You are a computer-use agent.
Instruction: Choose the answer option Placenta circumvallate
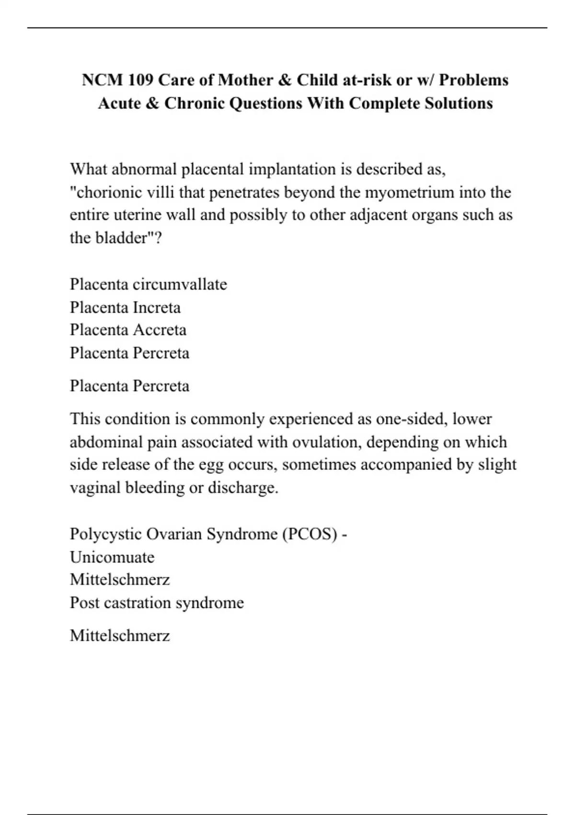coord(148,284)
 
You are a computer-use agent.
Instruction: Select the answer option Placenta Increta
coord(125,307)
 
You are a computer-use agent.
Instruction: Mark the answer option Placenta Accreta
coord(128,330)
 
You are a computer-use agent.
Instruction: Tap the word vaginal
coord(95,488)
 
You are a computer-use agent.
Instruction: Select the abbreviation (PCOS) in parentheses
coord(310,534)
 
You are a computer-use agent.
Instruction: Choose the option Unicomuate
coord(112,557)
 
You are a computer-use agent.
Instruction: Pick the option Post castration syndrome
coord(157,603)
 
